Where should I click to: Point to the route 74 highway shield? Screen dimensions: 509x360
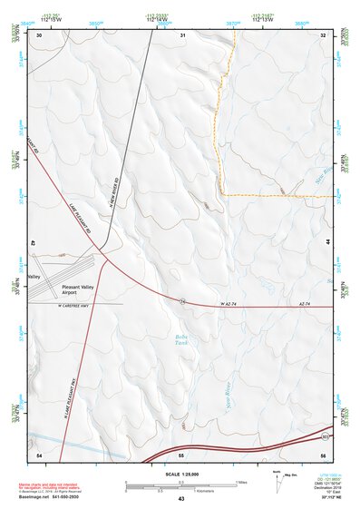click(182, 300)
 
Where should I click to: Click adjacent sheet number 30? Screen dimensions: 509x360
click(39, 34)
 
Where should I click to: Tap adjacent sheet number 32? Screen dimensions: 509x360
click(324, 34)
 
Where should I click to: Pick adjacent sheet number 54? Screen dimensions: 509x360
click(39, 453)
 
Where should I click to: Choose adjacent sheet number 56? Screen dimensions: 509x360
click(324, 453)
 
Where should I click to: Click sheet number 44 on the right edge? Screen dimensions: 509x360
click(328, 243)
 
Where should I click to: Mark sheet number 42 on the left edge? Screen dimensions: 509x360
click(33, 243)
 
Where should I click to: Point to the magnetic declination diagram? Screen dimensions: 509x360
click(276, 482)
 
